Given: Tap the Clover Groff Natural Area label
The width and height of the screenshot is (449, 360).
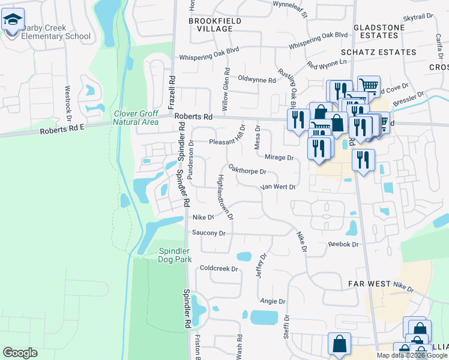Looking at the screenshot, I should point(136,118).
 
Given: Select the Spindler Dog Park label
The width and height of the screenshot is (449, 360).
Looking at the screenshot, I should point(174,255).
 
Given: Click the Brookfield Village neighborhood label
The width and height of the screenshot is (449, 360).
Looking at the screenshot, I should point(210,25).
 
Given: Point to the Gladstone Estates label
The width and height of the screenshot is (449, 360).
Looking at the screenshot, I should point(385,32).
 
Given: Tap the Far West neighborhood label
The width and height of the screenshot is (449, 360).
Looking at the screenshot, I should point(370,282).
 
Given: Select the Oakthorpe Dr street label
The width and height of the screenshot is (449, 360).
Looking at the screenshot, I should point(247,171).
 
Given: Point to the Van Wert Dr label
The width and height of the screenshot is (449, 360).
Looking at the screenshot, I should point(278,187).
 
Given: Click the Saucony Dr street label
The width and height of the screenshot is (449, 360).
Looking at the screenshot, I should point(208,233).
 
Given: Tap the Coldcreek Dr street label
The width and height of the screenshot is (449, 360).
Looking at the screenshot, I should point(219,268).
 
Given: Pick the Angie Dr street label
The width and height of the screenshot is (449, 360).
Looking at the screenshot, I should point(272,301).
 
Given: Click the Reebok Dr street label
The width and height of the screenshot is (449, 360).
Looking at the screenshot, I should point(343,244).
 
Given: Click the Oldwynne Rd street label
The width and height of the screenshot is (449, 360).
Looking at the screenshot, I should point(256,79).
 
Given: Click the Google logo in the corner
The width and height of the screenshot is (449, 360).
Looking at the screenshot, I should point(20,353).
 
